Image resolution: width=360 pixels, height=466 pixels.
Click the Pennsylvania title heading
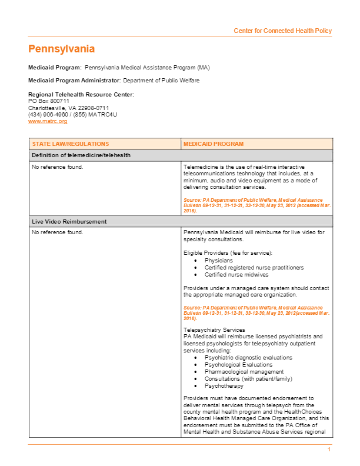[61, 49]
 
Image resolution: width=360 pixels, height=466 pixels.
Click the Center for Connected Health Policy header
[282, 31]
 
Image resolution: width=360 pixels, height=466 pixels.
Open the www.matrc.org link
[48, 121]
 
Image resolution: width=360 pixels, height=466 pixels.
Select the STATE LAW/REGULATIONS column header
[71, 144]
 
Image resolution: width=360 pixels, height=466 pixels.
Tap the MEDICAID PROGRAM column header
[214, 144]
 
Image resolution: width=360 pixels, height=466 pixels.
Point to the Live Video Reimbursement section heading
[69, 222]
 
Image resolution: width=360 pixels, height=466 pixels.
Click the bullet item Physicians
[218, 260]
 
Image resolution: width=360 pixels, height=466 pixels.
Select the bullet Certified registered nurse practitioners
[254, 267]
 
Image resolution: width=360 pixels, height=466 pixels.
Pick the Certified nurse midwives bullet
[236, 274]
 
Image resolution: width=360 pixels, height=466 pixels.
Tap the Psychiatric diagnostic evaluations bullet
[248, 357]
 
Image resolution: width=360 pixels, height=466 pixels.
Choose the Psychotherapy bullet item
[224, 385]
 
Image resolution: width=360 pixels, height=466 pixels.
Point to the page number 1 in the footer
[329, 450]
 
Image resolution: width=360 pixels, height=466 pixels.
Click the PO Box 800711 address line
[49, 101]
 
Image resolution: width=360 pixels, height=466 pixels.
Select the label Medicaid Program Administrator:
[75, 81]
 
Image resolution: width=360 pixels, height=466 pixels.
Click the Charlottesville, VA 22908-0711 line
[69, 108]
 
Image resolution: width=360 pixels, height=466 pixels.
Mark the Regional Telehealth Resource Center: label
[81, 95]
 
